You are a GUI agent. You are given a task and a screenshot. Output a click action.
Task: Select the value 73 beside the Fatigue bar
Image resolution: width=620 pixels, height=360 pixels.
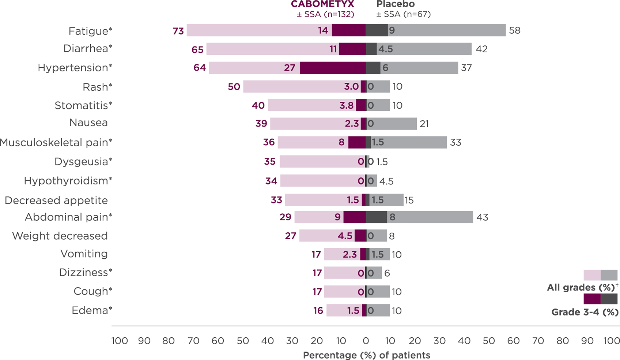(178, 31)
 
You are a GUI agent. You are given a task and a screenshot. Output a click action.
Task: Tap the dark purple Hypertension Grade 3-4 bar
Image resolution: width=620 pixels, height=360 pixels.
(333, 68)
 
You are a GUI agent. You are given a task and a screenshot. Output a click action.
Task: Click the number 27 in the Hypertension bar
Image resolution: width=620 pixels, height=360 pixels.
(290, 68)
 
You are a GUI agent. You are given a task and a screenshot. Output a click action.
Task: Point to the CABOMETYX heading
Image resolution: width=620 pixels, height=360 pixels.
(322, 4)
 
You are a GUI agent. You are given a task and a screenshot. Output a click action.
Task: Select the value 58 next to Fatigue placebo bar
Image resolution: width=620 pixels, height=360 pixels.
(514, 31)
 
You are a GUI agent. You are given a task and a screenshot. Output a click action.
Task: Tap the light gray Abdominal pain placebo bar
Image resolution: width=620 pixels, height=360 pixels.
(431, 217)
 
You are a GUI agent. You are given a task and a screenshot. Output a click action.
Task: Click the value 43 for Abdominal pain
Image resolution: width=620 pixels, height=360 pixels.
(482, 217)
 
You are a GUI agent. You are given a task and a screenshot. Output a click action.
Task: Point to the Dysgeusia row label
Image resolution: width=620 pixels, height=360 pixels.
(83, 161)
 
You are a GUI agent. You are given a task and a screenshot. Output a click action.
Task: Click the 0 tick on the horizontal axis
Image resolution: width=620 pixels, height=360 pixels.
(366, 341)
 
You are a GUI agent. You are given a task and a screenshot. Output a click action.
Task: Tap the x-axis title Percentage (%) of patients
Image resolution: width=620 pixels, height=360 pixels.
(366, 355)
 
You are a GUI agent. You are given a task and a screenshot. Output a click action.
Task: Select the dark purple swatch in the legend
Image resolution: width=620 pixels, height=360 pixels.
(592, 299)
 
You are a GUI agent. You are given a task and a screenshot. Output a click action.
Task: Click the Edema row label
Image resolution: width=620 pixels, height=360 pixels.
(92, 310)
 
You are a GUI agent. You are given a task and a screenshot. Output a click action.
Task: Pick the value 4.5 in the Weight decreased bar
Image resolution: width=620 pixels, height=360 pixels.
(345, 236)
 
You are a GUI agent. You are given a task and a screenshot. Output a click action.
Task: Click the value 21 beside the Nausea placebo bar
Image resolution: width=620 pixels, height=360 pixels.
(424, 124)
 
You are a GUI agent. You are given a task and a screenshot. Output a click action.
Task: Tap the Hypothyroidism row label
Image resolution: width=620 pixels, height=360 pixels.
(68, 181)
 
